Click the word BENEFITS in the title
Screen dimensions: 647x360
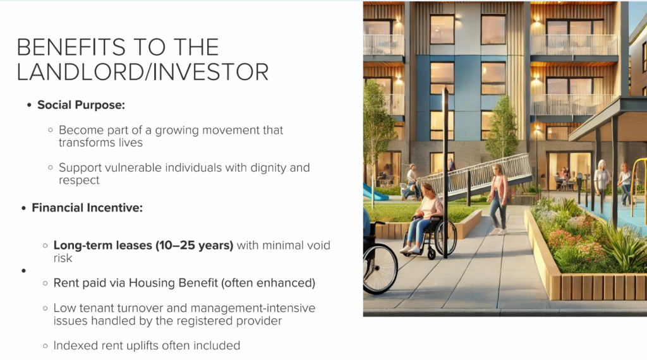click(x=71, y=47)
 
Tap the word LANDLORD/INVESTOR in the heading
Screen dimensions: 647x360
click(x=143, y=72)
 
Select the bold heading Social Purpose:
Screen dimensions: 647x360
click(x=82, y=105)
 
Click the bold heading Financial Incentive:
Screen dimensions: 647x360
click(x=87, y=208)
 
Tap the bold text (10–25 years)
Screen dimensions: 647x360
click(x=195, y=246)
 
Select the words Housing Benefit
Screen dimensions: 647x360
click(x=173, y=284)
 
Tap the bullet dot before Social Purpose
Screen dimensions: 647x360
click(x=29, y=105)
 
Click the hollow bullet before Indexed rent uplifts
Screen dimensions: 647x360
click(x=45, y=346)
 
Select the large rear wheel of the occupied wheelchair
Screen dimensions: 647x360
click(x=445, y=237)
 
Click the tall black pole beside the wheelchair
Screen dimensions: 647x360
click(x=445, y=173)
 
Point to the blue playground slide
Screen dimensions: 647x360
click(x=373, y=192)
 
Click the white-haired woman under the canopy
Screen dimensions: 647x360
click(x=602, y=181)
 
